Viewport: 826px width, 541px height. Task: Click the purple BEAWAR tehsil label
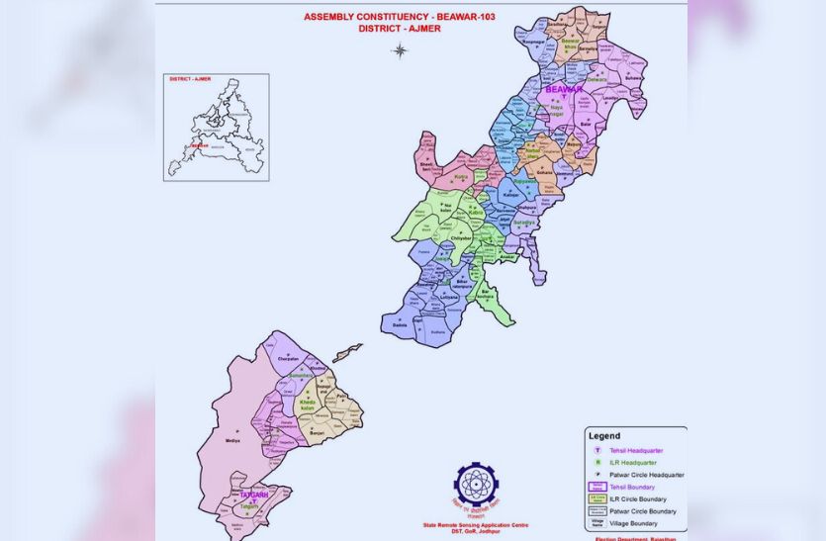(564, 90)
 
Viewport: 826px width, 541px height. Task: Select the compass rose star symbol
(399, 50)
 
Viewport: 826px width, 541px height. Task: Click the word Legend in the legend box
(604, 435)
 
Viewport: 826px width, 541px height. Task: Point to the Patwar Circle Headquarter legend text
(646, 475)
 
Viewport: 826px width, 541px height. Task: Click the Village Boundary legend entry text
(635, 523)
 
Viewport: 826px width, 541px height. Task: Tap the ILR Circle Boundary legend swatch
(597, 498)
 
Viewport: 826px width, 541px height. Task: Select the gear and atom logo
(476, 485)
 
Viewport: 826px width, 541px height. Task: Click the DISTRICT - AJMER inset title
(190, 78)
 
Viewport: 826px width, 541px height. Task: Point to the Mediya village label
(232, 440)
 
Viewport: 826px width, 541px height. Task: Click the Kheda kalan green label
(308, 406)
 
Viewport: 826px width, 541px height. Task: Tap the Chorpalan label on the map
(285, 360)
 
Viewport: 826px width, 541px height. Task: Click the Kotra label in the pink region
(460, 177)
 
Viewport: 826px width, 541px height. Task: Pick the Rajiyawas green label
(524, 181)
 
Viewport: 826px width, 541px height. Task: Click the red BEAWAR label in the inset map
(200, 145)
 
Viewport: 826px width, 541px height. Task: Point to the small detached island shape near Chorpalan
(347, 352)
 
